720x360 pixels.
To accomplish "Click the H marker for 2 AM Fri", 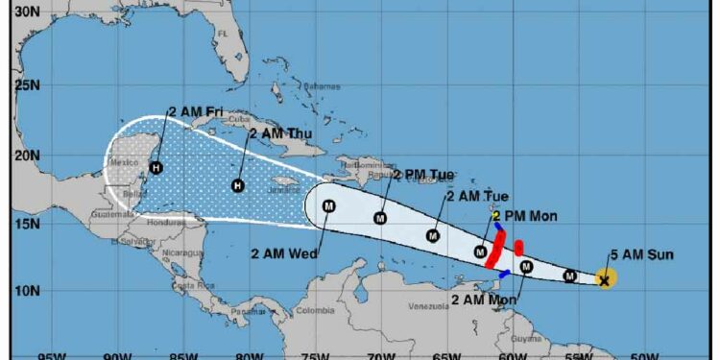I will (156, 168).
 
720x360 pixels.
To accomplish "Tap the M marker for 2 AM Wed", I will (328, 205).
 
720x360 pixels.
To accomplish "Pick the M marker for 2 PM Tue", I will (380, 218).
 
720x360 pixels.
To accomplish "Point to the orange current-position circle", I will (605, 279).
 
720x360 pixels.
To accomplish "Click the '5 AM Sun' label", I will (641, 254).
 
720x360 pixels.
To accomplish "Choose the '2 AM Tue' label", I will (477, 196).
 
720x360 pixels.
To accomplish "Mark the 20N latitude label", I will (27, 155).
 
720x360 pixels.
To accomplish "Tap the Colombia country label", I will (315, 310).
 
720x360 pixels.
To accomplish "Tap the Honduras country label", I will (172, 222).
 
